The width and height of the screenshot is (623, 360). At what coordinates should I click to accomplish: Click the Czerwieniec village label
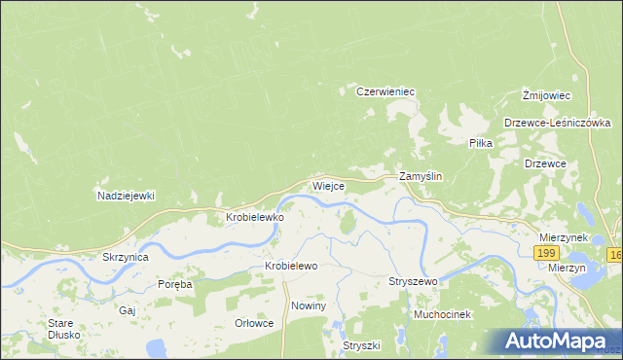click(x=385, y=91)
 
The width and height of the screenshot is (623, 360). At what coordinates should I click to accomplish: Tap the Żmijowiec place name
click(x=545, y=94)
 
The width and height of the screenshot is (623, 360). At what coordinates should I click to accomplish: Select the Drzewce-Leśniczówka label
click(x=557, y=123)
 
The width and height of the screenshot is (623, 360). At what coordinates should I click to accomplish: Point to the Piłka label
click(x=481, y=143)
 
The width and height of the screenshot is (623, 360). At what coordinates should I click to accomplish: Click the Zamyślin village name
click(x=421, y=177)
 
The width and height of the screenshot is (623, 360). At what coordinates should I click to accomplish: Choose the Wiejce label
click(x=327, y=185)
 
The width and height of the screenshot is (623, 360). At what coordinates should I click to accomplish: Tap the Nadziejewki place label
click(x=127, y=196)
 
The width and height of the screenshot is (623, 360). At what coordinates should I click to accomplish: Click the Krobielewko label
click(x=255, y=218)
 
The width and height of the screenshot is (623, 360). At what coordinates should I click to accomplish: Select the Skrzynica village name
click(x=125, y=258)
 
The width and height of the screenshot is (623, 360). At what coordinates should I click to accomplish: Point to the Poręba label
click(x=175, y=284)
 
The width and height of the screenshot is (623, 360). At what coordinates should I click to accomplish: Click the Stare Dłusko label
click(x=63, y=329)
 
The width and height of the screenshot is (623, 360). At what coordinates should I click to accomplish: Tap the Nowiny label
click(x=308, y=306)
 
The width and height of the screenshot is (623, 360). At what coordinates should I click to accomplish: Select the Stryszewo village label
click(x=413, y=281)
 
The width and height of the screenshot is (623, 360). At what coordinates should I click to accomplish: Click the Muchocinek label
click(x=442, y=314)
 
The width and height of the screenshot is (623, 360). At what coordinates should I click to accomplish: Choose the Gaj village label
click(x=127, y=310)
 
